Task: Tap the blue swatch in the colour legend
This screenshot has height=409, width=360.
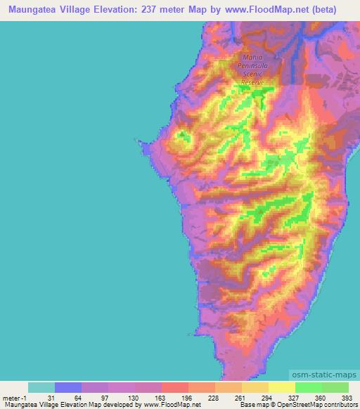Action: tap(68, 387)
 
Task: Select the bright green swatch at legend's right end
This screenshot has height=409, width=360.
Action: tap(335, 387)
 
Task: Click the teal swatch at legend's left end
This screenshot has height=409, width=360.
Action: tap(41, 387)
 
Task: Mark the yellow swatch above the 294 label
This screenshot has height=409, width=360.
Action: tap(281, 387)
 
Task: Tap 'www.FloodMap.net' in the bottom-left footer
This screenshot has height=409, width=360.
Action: tap(171, 405)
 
